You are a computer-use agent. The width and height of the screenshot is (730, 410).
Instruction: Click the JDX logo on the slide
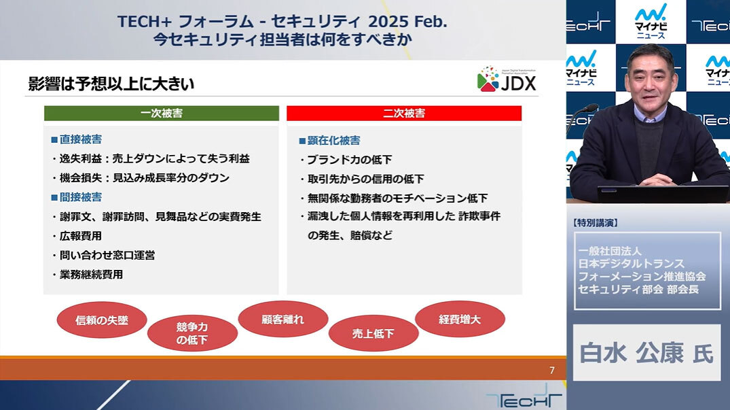pos(507,79)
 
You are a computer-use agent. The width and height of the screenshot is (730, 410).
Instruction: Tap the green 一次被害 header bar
pos(162,114)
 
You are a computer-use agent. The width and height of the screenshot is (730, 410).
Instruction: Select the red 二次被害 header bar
pos(404,114)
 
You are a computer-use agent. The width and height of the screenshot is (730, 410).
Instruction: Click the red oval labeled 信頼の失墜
pos(102,320)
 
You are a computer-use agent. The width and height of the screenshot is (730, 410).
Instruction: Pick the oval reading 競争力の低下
pos(192,333)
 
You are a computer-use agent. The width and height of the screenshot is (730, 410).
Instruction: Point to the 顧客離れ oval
pos(283,319)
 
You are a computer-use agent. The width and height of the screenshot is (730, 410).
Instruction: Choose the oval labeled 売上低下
pos(373,333)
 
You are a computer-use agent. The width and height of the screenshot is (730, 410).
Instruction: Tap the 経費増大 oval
pos(460,319)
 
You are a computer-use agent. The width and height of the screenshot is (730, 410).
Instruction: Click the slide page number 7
pos(552,371)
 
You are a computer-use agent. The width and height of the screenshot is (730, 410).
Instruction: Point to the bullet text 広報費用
pos(81,236)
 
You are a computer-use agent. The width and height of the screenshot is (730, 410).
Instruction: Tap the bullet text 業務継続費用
pos(91,275)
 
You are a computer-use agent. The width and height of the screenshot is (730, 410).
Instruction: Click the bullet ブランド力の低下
pos(350,160)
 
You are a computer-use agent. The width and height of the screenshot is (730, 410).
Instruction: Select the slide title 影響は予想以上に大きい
pos(111,84)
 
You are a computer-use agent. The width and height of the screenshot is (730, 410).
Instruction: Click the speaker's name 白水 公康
pos(632,353)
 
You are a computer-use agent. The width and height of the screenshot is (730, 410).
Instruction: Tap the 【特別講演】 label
pos(595,223)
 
